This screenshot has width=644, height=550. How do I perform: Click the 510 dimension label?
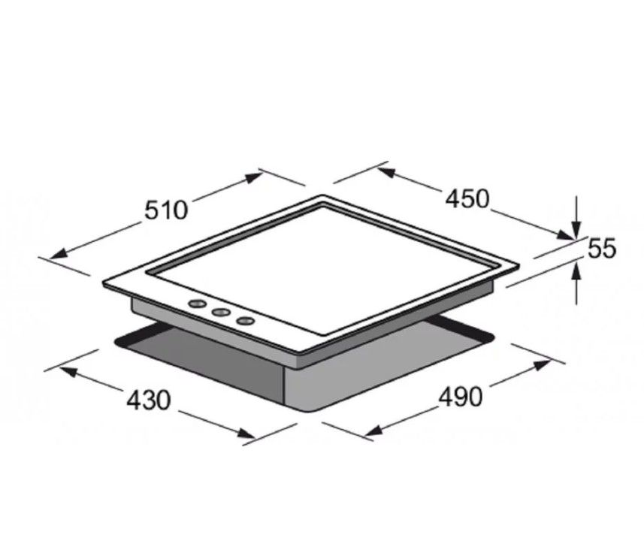pyautogui.click(x=166, y=210)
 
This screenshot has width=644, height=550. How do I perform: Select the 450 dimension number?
pyautogui.click(x=468, y=199)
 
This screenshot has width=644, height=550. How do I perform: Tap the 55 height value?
pyautogui.click(x=602, y=248)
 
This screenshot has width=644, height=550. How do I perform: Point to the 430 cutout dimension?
pyautogui.click(x=148, y=400)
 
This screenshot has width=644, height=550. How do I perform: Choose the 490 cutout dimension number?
pyautogui.click(x=461, y=397)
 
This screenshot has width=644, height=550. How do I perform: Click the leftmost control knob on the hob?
pyautogui.click(x=197, y=304)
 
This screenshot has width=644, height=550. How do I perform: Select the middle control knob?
pyautogui.click(x=221, y=313)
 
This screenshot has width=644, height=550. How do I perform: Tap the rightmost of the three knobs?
pyautogui.click(x=245, y=320)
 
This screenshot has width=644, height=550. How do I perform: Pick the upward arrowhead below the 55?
pyautogui.click(x=577, y=271)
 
